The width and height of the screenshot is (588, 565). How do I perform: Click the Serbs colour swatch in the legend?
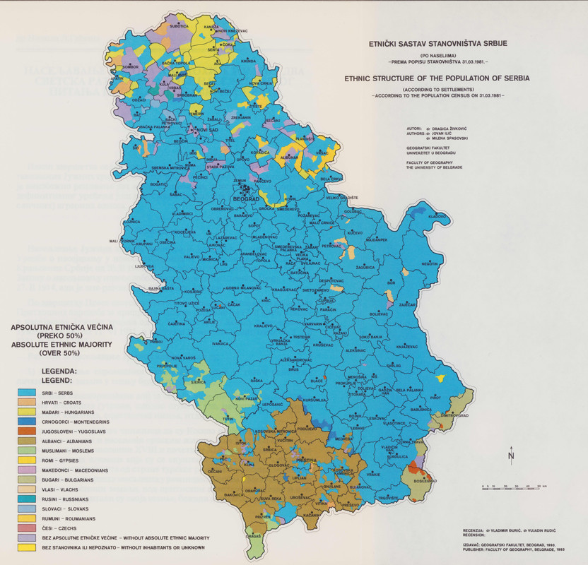click(25, 392)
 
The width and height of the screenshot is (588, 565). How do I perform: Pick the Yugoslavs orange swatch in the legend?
click(25, 430)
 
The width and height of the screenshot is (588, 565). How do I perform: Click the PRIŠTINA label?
click(306, 460)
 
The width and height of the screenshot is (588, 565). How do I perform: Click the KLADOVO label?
click(435, 216)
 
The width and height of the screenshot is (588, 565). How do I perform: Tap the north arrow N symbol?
click(511, 456)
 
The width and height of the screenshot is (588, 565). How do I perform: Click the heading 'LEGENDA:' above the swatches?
click(59, 370)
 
